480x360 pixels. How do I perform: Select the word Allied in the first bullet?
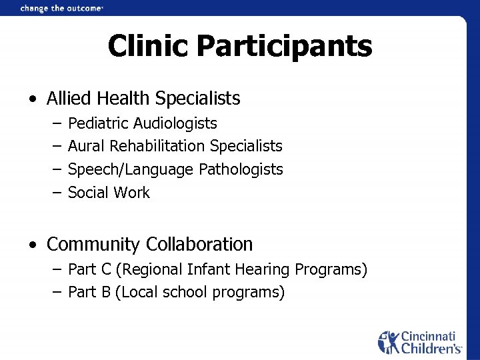(x=69, y=99)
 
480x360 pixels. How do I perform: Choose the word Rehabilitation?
(x=158, y=146)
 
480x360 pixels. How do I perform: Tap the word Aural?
(x=87, y=146)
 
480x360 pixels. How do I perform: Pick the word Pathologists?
(x=241, y=169)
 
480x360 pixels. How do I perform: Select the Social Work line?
(x=109, y=193)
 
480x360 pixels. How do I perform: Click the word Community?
(x=93, y=245)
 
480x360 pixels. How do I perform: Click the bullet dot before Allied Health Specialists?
(x=33, y=99)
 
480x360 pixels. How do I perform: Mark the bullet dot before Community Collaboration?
(x=33, y=245)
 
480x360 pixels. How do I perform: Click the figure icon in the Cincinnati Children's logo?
(x=388, y=341)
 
